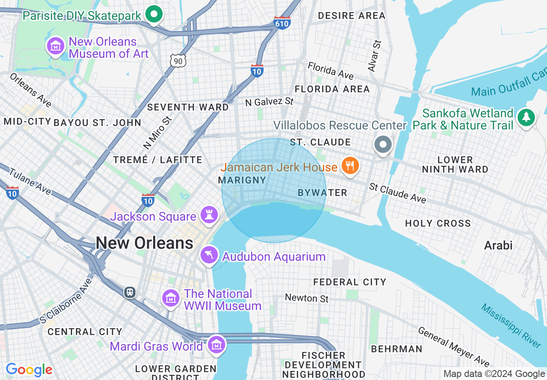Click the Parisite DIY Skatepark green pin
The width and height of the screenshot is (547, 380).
click(x=153, y=14)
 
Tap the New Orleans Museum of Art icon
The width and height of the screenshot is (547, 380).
click(x=56, y=46)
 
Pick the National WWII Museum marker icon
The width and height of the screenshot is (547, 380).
click(x=171, y=298)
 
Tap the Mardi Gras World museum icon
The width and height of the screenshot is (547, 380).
click(x=216, y=345)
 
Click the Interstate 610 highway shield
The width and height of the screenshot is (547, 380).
click(x=282, y=23)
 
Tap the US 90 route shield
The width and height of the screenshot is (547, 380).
click(x=178, y=61)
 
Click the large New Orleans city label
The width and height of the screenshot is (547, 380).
click(x=145, y=243)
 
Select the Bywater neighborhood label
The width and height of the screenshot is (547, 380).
click(x=322, y=193)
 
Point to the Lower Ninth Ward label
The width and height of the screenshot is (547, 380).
click(x=455, y=165)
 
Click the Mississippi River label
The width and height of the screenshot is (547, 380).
click(x=511, y=326)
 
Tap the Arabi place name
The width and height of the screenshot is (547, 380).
click(x=498, y=246)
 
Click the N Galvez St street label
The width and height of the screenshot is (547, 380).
click(x=269, y=102)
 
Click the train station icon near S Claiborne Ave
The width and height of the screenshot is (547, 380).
click(x=129, y=292)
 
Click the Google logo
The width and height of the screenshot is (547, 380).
click(x=29, y=370)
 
